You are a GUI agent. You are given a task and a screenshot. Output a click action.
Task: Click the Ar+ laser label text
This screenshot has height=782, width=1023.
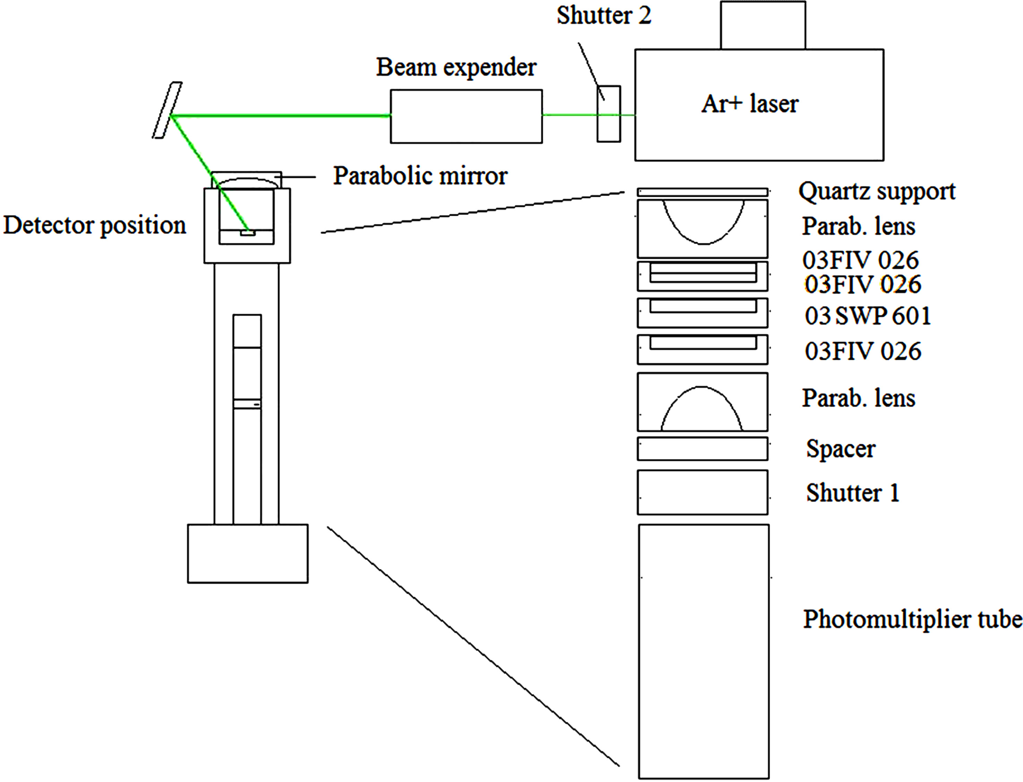pyautogui.click(x=749, y=103)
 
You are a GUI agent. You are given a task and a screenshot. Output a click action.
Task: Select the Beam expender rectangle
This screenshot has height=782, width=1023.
pyautogui.click(x=466, y=116)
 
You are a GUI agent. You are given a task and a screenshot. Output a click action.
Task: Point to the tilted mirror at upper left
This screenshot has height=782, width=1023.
pyautogui.click(x=167, y=110)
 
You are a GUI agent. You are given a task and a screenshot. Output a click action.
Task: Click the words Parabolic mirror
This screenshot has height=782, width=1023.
pyautogui.click(x=420, y=176)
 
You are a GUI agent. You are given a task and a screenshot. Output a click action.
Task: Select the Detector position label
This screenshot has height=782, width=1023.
pyautogui.click(x=94, y=225)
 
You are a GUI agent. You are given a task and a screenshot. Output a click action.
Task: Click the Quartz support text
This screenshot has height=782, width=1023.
pyautogui.click(x=877, y=191)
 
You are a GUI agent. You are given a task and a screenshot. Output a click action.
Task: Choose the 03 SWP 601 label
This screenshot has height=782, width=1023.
pyautogui.click(x=868, y=316)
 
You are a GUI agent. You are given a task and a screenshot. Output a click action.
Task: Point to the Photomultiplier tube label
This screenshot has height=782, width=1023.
pyautogui.click(x=912, y=619)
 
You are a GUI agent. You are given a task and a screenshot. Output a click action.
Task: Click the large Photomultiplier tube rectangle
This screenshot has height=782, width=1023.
pyautogui.click(x=703, y=652)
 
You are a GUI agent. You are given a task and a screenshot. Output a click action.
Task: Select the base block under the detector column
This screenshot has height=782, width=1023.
pyautogui.click(x=248, y=553)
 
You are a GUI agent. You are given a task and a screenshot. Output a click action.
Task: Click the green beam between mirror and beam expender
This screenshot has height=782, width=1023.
pyautogui.click(x=279, y=116)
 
